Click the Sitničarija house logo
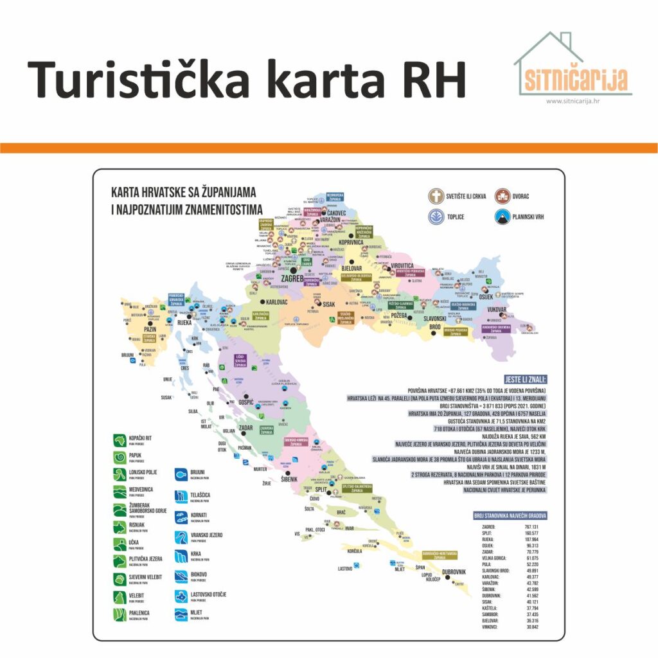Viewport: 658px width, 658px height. pos(573,64)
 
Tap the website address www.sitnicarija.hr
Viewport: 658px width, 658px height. pos(573,101)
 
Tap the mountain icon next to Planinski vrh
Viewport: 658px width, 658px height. pos(502,217)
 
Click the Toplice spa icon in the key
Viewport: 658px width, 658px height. pos(438,217)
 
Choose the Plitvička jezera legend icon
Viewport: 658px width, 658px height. pos(119,560)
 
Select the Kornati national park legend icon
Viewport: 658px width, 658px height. pos(181,515)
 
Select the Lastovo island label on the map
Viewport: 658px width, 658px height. pos(345,569)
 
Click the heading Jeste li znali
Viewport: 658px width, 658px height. pos(521,379)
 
